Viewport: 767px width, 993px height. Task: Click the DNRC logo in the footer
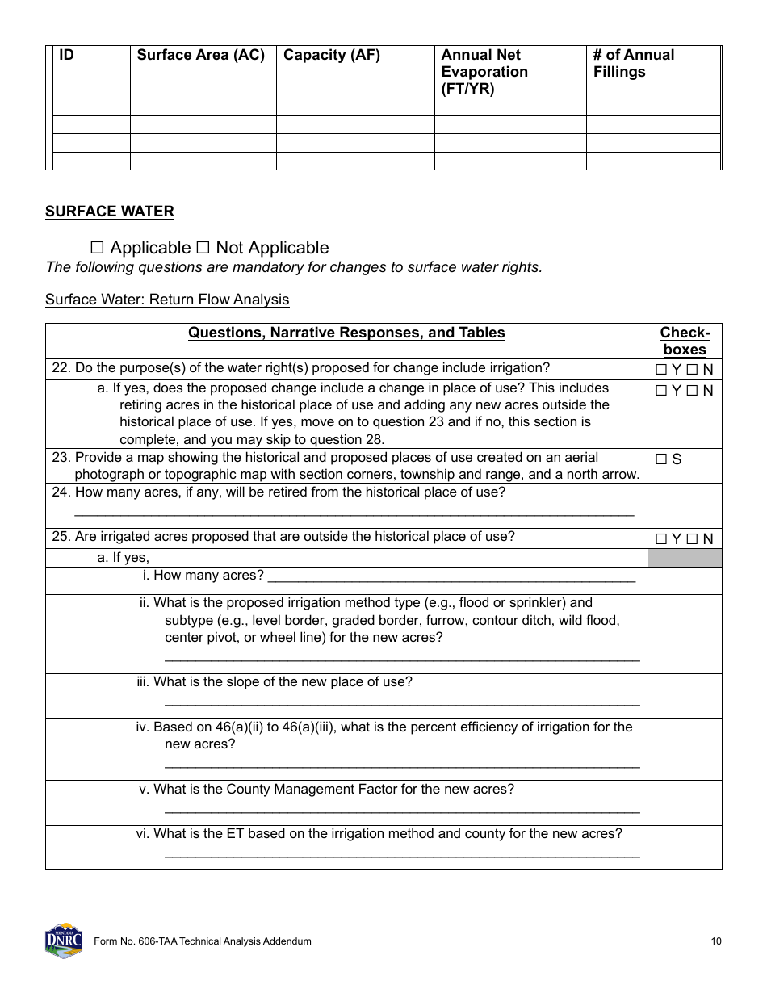[x=64, y=941]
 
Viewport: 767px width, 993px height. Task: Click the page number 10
[x=716, y=941]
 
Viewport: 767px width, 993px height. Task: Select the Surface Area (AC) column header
[x=201, y=55]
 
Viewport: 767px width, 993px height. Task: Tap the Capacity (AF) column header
[x=332, y=55]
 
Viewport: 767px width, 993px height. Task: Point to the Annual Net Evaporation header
[x=484, y=71]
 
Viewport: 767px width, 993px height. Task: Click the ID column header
[x=67, y=55]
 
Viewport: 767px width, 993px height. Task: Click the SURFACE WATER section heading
[x=109, y=212]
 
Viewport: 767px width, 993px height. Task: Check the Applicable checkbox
[x=98, y=248]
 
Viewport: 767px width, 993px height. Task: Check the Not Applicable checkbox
[x=203, y=248]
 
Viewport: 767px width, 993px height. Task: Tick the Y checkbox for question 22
[x=661, y=371]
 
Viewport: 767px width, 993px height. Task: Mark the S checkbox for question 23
[x=661, y=459]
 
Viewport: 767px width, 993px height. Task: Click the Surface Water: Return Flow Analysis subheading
[x=167, y=300]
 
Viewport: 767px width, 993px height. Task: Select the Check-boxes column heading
[x=685, y=341]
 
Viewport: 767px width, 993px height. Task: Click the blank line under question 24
[x=354, y=513]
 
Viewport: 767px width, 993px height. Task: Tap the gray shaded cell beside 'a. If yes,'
[x=685, y=558]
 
